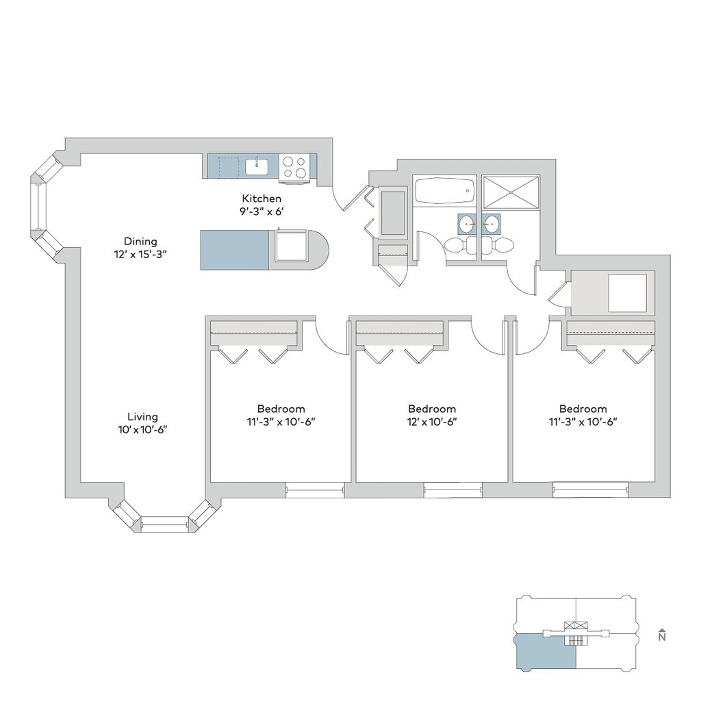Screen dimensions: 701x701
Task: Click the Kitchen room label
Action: point(262,199)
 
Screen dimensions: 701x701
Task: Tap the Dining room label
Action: point(140,242)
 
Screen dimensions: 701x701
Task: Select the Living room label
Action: point(142,417)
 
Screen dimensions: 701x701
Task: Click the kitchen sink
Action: point(257,166)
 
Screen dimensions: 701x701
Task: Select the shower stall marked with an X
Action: point(511,192)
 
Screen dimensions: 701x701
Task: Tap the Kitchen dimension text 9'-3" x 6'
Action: point(262,212)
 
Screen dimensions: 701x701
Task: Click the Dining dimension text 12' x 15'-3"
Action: point(140,255)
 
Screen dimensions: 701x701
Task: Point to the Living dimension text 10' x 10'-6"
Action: point(142,430)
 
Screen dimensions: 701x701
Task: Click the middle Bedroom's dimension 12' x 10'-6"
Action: point(432,422)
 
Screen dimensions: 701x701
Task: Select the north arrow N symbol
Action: point(662,635)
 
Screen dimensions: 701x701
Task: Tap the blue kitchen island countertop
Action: point(234,251)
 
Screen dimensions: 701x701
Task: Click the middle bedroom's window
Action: point(453,490)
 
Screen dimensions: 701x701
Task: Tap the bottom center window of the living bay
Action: point(165,522)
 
